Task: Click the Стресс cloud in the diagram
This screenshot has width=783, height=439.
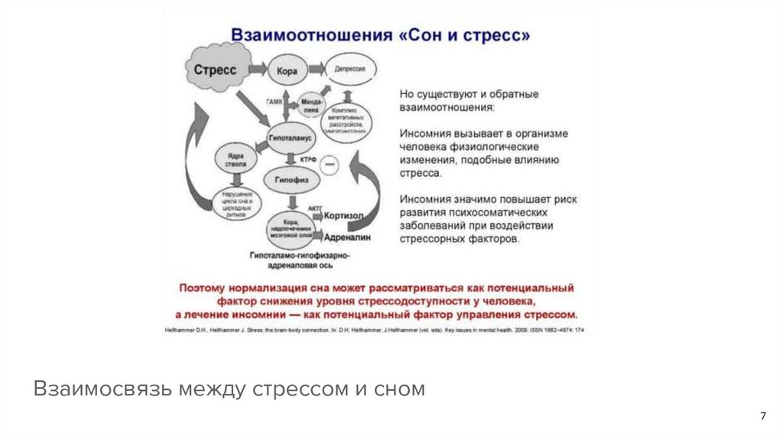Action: click(216, 70)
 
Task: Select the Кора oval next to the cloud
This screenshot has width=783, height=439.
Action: click(287, 71)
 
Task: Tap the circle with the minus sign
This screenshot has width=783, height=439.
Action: click(330, 162)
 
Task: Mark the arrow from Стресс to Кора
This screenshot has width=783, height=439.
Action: click(255, 70)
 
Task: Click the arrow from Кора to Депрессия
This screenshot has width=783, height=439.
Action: click(316, 70)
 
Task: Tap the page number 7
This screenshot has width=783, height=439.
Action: click(762, 416)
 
